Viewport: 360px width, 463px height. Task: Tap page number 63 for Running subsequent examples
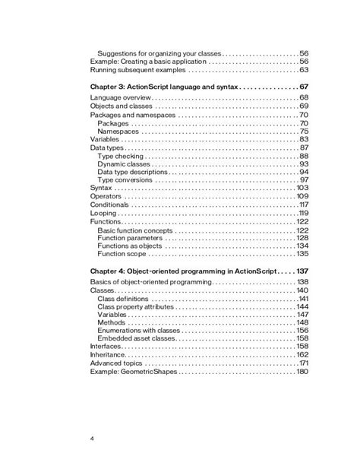(x=302, y=70)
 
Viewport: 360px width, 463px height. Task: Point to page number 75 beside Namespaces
(x=302, y=132)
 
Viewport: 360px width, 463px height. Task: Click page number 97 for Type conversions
(x=302, y=181)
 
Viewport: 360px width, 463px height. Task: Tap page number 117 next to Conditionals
(x=302, y=205)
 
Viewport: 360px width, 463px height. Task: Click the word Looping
(x=103, y=214)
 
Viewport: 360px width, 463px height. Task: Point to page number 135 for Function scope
(x=302, y=255)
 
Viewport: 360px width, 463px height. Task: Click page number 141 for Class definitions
(x=302, y=299)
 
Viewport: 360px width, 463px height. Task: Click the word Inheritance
(x=107, y=355)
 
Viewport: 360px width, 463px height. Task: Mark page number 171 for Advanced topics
(x=302, y=363)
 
